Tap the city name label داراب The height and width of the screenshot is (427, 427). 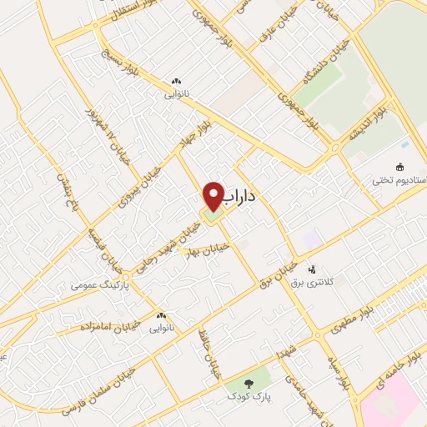242,197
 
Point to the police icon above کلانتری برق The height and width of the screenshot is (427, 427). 312,269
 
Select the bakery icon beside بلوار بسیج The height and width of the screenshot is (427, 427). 175,81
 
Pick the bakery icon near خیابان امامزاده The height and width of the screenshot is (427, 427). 161,316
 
